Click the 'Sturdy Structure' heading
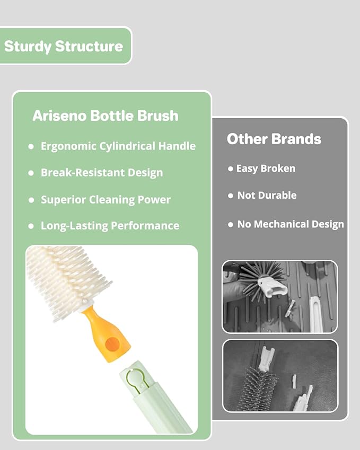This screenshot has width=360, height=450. (x=64, y=46)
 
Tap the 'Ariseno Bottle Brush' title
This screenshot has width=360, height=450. (x=105, y=116)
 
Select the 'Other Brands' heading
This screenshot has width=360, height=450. (x=274, y=139)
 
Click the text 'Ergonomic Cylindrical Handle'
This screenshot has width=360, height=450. (x=118, y=146)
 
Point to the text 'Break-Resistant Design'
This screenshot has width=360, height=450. (x=102, y=173)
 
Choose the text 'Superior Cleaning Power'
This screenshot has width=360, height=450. (x=106, y=200)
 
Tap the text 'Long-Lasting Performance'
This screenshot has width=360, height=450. (x=110, y=226)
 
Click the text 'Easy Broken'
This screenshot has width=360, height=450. (x=266, y=169)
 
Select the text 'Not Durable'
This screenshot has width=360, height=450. (x=267, y=196)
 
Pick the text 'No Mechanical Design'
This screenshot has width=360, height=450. (x=291, y=224)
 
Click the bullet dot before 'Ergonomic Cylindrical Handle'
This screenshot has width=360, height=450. (x=31, y=147)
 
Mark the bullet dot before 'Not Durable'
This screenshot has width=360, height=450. (x=230, y=196)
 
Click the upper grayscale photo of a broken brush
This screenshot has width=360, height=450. (x=279, y=297)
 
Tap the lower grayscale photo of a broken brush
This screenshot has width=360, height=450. (x=279, y=375)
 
